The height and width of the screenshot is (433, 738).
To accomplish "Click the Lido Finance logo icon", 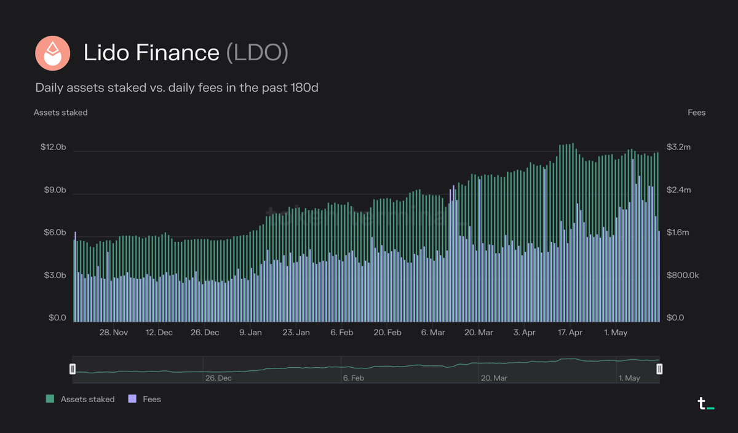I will [x=52, y=53].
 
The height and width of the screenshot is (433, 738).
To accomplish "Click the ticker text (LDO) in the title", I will [x=257, y=53].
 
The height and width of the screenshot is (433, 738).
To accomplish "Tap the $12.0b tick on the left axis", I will [x=53, y=148].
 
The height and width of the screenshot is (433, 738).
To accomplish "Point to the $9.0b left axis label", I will [x=54, y=190].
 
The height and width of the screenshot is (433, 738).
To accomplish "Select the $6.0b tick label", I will [x=54, y=233].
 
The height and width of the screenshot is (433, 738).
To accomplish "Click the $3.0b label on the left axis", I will [x=54, y=276].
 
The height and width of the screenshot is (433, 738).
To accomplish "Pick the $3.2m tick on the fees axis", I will [x=678, y=148].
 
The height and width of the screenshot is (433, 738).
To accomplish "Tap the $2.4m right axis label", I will [x=679, y=190].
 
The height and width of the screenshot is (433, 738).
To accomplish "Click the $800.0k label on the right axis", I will [x=683, y=276].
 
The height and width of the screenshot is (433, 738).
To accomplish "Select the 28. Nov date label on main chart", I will [x=114, y=333].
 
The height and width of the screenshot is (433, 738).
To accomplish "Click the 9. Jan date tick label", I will [x=250, y=333].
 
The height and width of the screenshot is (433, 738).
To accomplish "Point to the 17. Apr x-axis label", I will [x=569, y=333].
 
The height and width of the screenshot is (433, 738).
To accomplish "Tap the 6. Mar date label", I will [x=433, y=333].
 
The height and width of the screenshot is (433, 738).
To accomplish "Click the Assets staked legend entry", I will [x=81, y=399].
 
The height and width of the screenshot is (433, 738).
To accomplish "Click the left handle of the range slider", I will [x=73, y=369].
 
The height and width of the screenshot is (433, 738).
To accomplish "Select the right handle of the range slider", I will [x=659, y=369].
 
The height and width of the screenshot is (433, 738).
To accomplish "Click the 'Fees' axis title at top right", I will [x=696, y=113].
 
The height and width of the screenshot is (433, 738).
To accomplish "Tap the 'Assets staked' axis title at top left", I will [x=60, y=113].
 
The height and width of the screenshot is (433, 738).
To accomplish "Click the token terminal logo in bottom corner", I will [x=705, y=404].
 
